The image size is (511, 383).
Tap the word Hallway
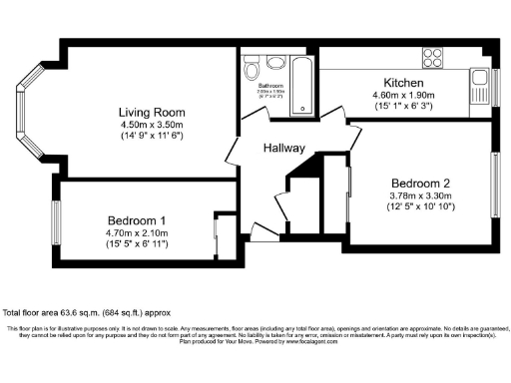coord(283,148)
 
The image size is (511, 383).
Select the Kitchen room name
coord(405,82)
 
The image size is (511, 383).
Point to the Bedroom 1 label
coord(137,219)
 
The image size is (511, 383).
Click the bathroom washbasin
coord(270,63)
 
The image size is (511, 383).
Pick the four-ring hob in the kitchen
coord(433,56)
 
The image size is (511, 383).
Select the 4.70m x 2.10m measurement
coord(137,231)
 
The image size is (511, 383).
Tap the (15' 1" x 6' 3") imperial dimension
coord(405,106)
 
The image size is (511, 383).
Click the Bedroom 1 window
coord(59,217)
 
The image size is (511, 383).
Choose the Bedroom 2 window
coord(494,184)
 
